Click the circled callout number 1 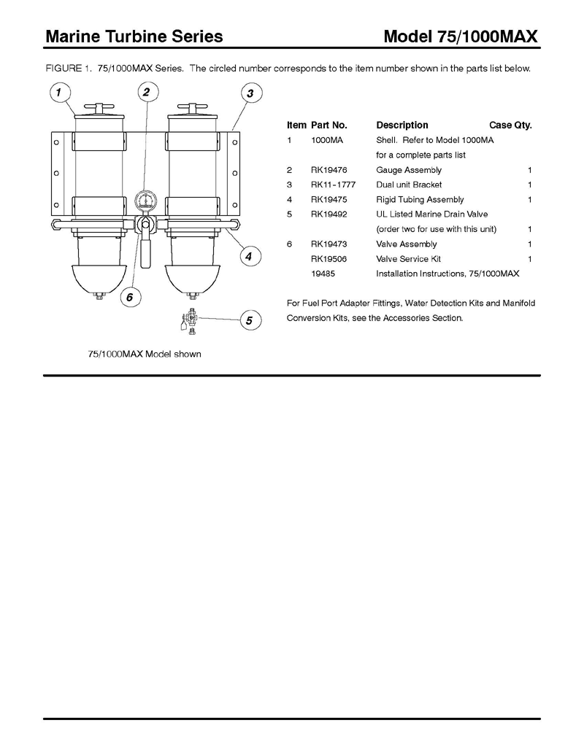[59, 92]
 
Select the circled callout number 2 [147, 91]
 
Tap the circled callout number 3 [250, 93]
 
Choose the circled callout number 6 [130, 297]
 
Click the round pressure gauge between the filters [145, 201]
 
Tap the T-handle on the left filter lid [99, 107]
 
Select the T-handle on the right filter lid [192, 107]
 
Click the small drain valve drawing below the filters [190, 322]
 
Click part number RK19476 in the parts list [328, 170]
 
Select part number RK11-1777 [333, 185]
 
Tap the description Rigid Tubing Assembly [420, 199]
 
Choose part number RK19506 [328, 258]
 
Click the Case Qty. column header [510, 125]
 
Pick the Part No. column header [328, 125]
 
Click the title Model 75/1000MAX [460, 36]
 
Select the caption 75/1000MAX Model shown [145, 354]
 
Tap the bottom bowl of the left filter [99, 279]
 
